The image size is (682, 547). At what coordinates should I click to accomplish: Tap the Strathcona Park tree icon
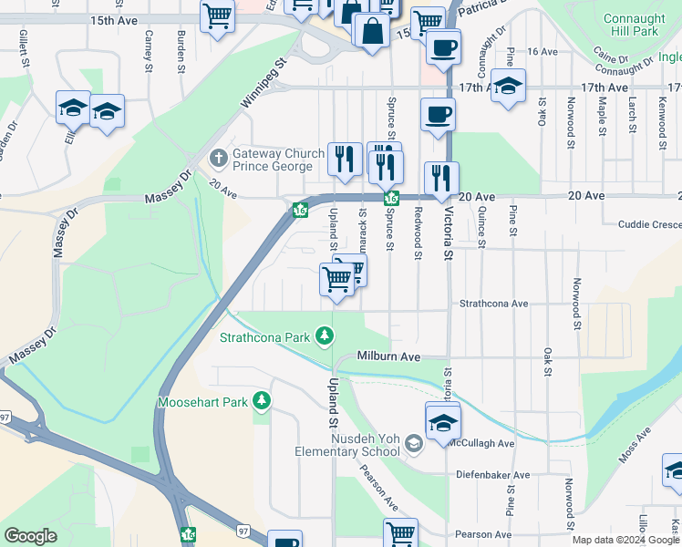point(325,337)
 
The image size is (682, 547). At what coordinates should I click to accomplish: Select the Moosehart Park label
point(202,401)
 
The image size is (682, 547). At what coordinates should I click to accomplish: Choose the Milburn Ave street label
point(388,356)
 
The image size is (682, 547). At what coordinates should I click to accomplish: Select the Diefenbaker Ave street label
point(495,475)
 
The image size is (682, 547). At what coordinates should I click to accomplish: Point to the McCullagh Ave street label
point(481,443)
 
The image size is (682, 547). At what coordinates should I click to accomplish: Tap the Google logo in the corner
point(31,536)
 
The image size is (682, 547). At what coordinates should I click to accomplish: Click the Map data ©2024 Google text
point(626,541)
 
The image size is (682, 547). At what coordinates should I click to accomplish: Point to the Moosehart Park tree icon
point(262,401)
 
